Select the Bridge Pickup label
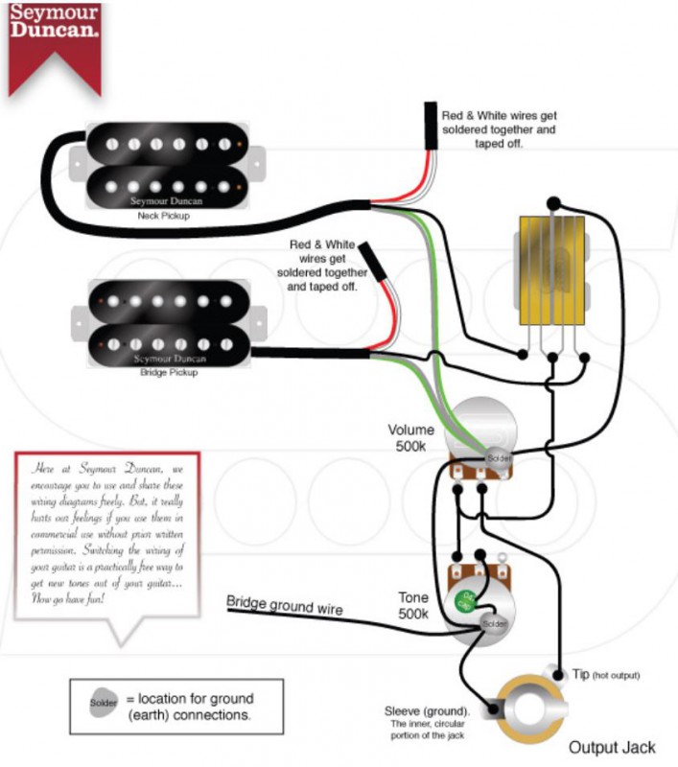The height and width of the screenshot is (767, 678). (168, 372)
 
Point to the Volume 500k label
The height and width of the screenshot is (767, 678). (410, 438)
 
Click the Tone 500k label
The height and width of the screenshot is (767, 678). (413, 605)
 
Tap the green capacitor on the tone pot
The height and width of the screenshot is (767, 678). (464, 602)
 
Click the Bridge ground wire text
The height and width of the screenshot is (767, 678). (285, 605)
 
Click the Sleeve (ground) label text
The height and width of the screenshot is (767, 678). (427, 711)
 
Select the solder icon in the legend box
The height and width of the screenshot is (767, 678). (103, 701)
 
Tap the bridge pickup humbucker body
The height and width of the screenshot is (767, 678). (168, 318)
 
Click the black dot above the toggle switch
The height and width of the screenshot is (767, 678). (553, 202)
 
